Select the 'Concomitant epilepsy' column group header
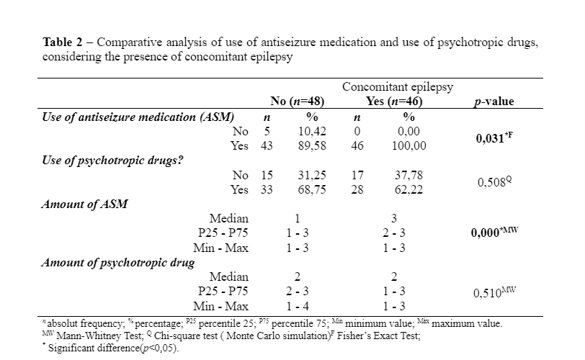(x=398, y=87)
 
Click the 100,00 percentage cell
(x=409, y=145)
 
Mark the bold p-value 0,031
(x=493, y=138)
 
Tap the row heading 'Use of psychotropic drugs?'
(x=111, y=160)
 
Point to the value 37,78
(x=409, y=175)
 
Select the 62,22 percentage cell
(x=409, y=189)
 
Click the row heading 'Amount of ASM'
(x=85, y=204)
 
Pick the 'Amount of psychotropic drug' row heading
(x=117, y=262)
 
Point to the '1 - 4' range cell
(x=297, y=306)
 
